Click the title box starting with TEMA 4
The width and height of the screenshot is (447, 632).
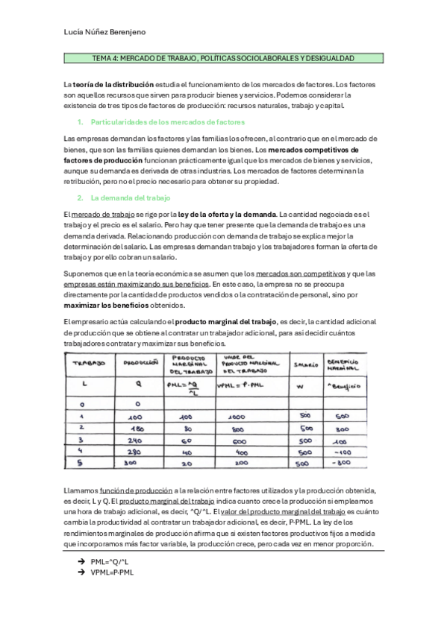(x=222, y=58)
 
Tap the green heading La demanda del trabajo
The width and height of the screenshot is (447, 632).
(x=131, y=197)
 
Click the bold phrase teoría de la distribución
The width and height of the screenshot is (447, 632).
(x=113, y=85)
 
